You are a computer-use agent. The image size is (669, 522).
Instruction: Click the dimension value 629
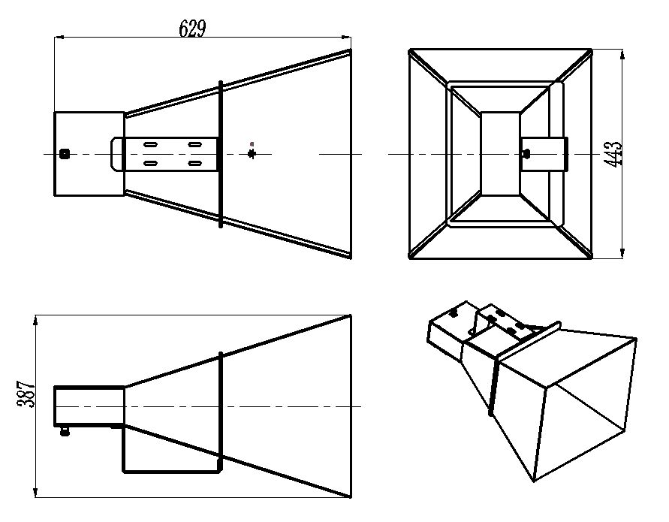tap(192, 29)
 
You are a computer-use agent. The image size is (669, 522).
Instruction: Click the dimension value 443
tap(613, 154)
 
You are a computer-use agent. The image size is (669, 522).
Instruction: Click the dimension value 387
tap(26, 394)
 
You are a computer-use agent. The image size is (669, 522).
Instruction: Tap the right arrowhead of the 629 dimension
tap(346, 38)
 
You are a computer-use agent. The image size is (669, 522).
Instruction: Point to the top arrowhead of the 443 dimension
tap(622, 54)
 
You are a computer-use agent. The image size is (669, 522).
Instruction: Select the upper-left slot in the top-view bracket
tap(150, 144)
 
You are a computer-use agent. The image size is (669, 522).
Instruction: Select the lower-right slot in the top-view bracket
tap(195, 163)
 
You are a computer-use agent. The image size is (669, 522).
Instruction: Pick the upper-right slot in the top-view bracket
tap(195, 144)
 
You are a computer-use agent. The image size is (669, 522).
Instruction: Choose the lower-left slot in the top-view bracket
tap(150, 163)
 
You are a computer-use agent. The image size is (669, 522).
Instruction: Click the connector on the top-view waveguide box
tap(65, 154)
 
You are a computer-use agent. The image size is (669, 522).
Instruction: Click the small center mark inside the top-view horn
tap(252, 154)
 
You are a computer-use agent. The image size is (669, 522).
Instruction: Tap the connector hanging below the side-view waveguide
tap(65, 432)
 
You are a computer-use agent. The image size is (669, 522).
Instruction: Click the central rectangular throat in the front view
tap(500, 154)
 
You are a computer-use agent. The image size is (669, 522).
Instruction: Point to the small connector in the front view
tap(526, 152)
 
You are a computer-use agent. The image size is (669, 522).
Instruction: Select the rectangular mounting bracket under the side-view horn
tap(172, 448)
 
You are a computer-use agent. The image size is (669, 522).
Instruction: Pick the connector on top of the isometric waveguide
tap(454, 314)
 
